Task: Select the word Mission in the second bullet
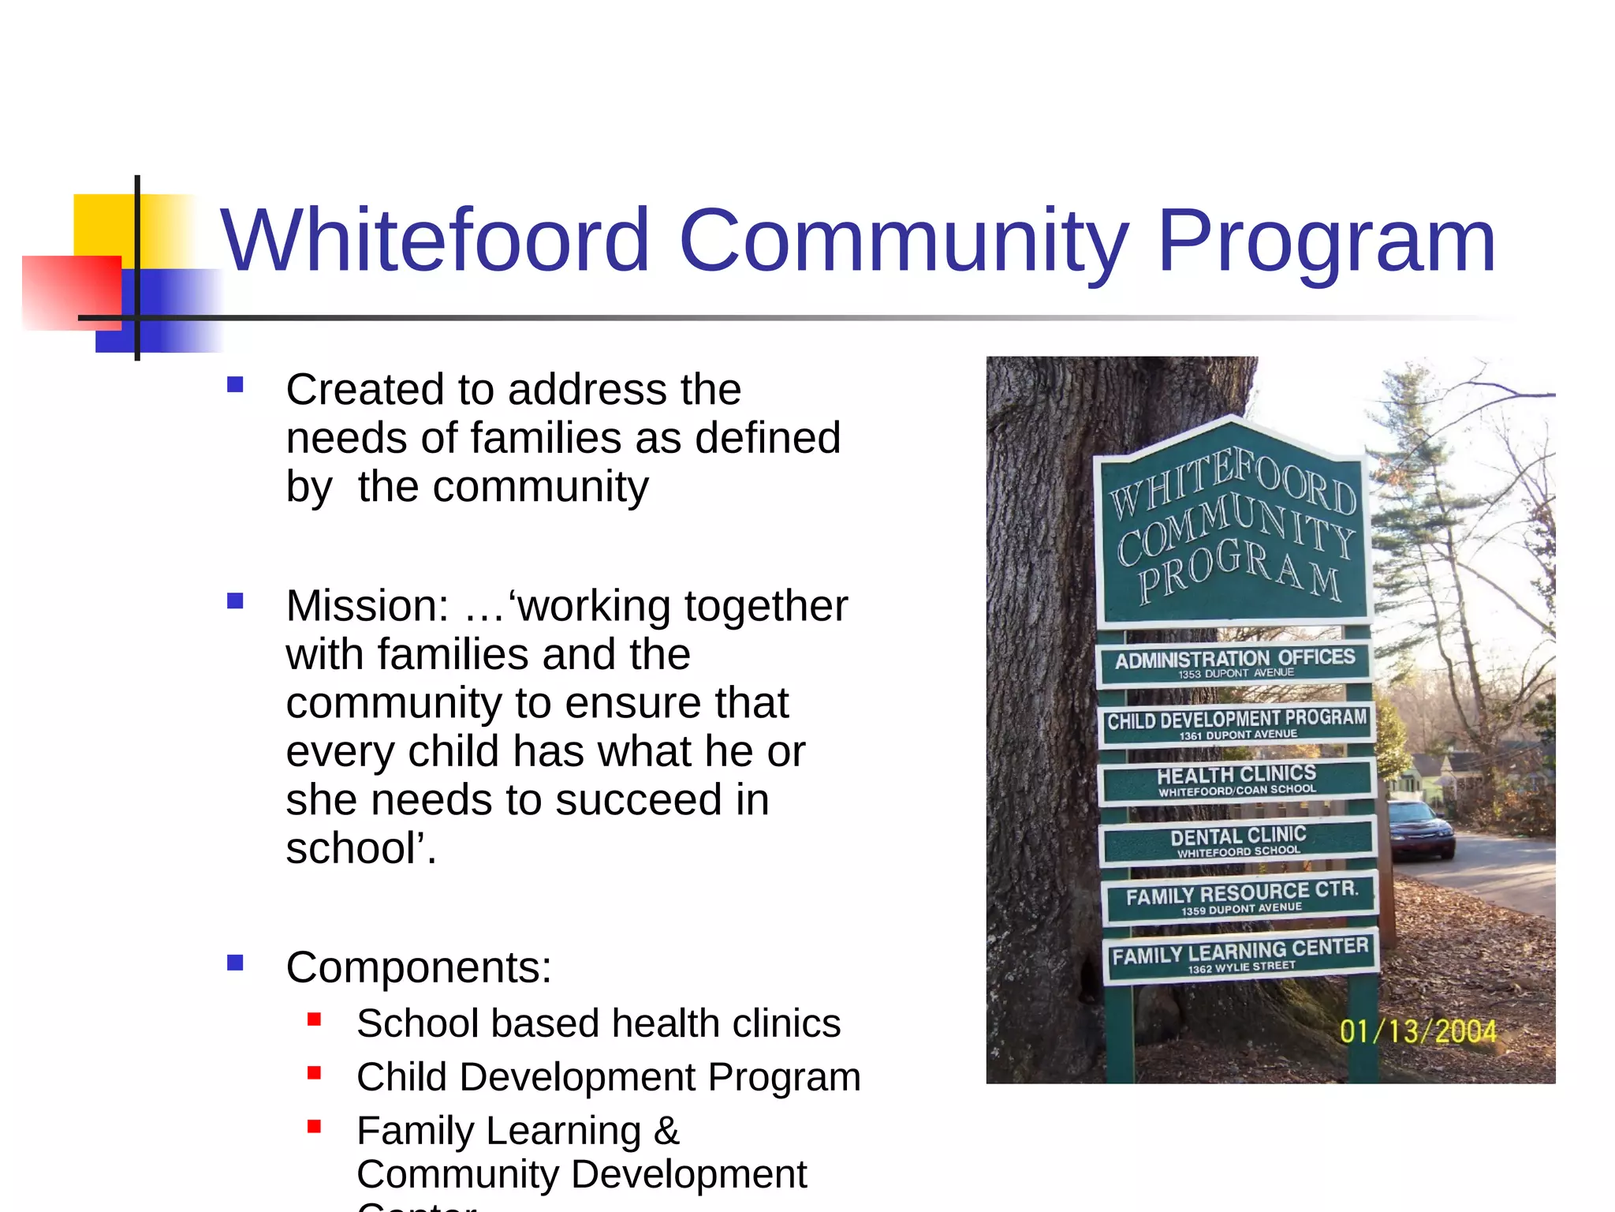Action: pyautogui.click(x=367, y=606)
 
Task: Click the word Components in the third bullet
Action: pyautogui.click(x=419, y=967)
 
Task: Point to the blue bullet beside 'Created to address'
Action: pyautogui.click(x=235, y=385)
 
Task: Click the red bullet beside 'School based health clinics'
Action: pyautogui.click(x=315, y=1019)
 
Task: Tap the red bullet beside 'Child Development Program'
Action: pyautogui.click(x=315, y=1073)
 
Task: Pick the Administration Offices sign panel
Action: pyautogui.click(x=1234, y=663)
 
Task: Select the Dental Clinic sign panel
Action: pyautogui.click(x=1238, y=841)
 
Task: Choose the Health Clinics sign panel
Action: pyautogui.click(x=1236, y=780)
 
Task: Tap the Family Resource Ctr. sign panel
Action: pyautogui.click(x=1241, y=898)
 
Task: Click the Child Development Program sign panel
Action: pyautogui.click(x=1236, y=723)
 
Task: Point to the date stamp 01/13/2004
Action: pyautogui.click(x=1417, y=1031)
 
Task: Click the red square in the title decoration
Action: pyautogui.click(x=71, y=292)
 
